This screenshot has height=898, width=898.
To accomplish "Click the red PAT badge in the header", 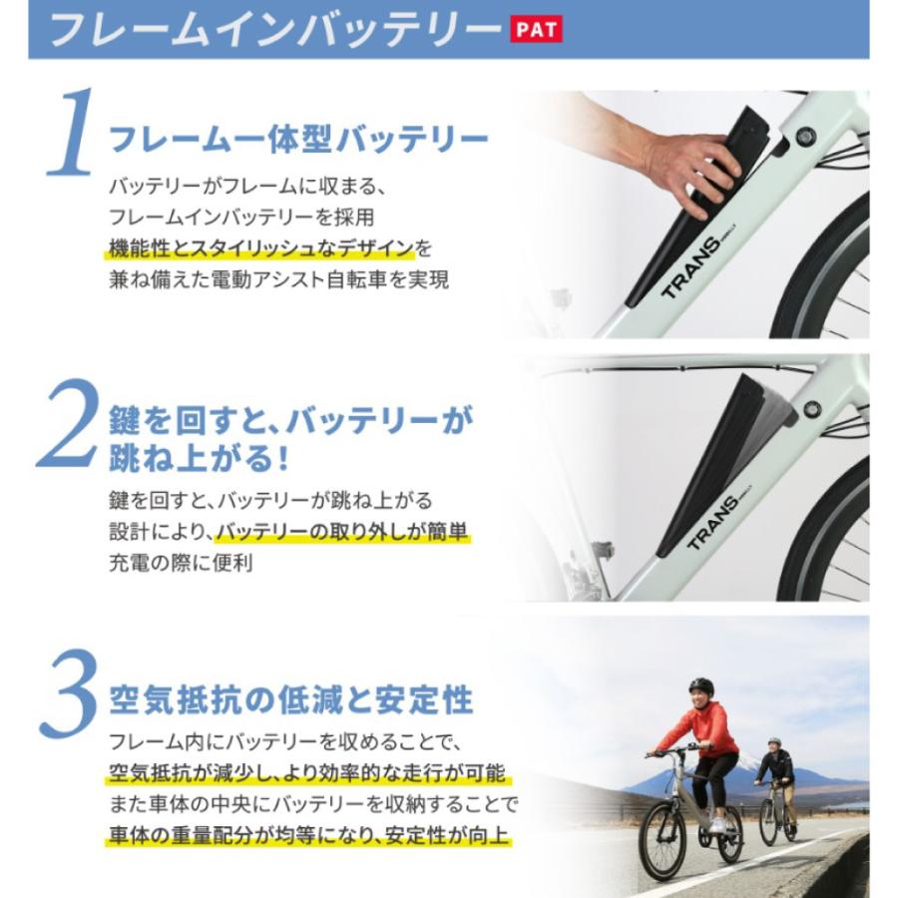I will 537,30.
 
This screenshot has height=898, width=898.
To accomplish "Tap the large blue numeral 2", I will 70,424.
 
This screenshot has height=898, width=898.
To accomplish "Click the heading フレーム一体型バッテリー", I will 298,139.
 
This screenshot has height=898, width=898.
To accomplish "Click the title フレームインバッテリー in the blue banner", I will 272,30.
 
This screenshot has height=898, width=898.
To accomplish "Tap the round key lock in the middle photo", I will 812,409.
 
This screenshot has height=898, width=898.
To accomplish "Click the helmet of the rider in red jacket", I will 701,687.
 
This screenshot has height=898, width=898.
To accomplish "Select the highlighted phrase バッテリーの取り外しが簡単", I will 342,531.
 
